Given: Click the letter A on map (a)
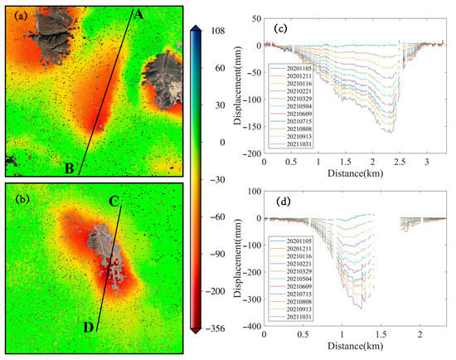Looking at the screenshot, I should point(138,14).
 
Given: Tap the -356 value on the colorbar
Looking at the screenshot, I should point(223,329).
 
